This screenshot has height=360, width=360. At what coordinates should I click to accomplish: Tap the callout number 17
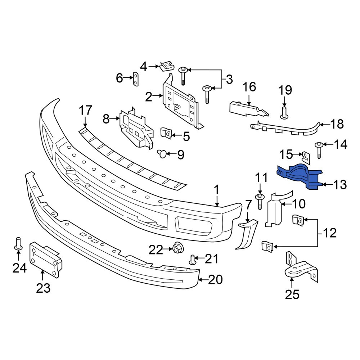[85, 111]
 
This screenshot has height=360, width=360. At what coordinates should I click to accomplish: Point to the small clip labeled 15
[306, 158]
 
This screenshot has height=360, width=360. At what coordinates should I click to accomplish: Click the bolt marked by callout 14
[319, 150]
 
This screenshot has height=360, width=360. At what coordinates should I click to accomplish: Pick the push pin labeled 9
[163, 153]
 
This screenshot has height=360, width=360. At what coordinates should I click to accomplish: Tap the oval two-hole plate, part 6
[136, 79]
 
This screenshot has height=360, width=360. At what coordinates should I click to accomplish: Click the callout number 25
[292, 294]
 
